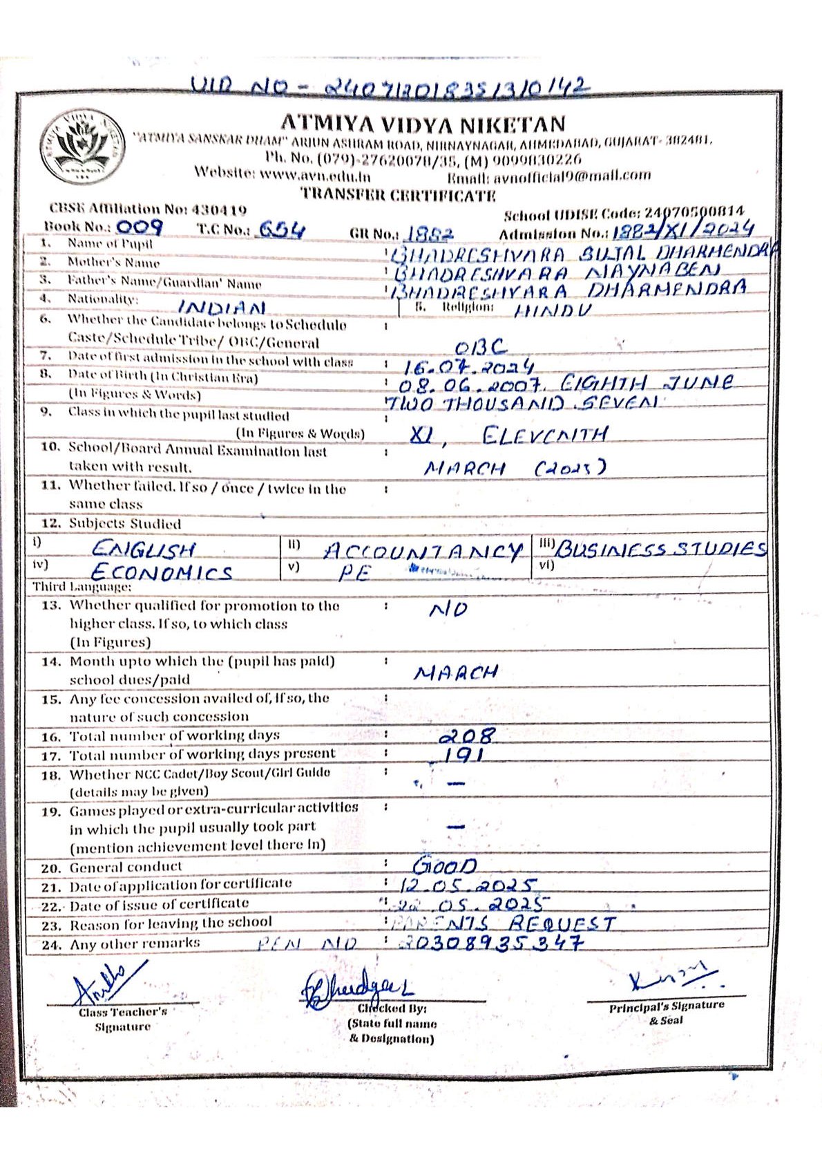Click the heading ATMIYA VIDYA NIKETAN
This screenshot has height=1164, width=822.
pos(423,124)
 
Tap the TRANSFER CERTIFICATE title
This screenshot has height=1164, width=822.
pos(399,195)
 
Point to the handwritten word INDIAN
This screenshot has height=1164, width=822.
pos(222,306)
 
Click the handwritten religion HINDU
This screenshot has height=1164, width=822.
pos(553,310)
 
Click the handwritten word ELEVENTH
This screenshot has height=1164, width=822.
pos(546,435)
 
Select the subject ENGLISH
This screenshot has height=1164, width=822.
pos(144,550)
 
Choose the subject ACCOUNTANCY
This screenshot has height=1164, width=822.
pos(423,551)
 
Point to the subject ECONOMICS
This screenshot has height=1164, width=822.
pos(162,572)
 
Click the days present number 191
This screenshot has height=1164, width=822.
pos(462,755)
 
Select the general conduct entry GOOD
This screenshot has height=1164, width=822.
pos(445,865)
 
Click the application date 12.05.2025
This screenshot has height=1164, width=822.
pos(468,885)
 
